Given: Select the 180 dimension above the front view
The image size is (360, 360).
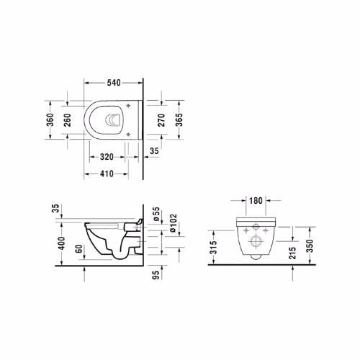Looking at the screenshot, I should pos(256,201).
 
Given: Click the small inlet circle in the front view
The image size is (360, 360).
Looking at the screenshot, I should pos(256,253).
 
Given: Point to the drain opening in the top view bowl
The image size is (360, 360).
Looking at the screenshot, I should pos(113,120).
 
